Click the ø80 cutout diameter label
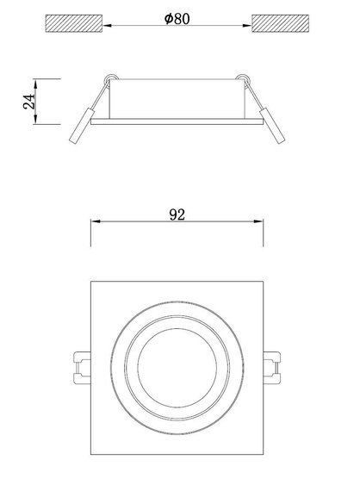click(x=179, y=19)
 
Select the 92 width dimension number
click(x=178, y=215)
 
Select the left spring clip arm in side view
click(x=82, y=126)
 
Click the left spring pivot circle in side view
click(x=108, y=82)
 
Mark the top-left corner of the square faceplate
click(x=91, y=281)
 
